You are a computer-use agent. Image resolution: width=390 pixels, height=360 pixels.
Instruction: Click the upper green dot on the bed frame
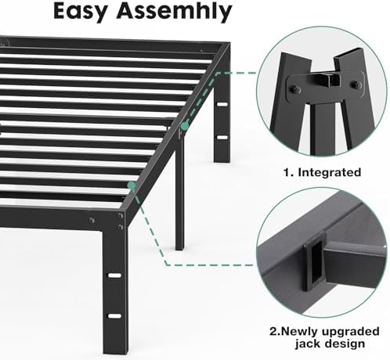(183, 124)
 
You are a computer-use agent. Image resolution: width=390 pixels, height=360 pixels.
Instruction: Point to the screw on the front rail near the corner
(92, 220)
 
